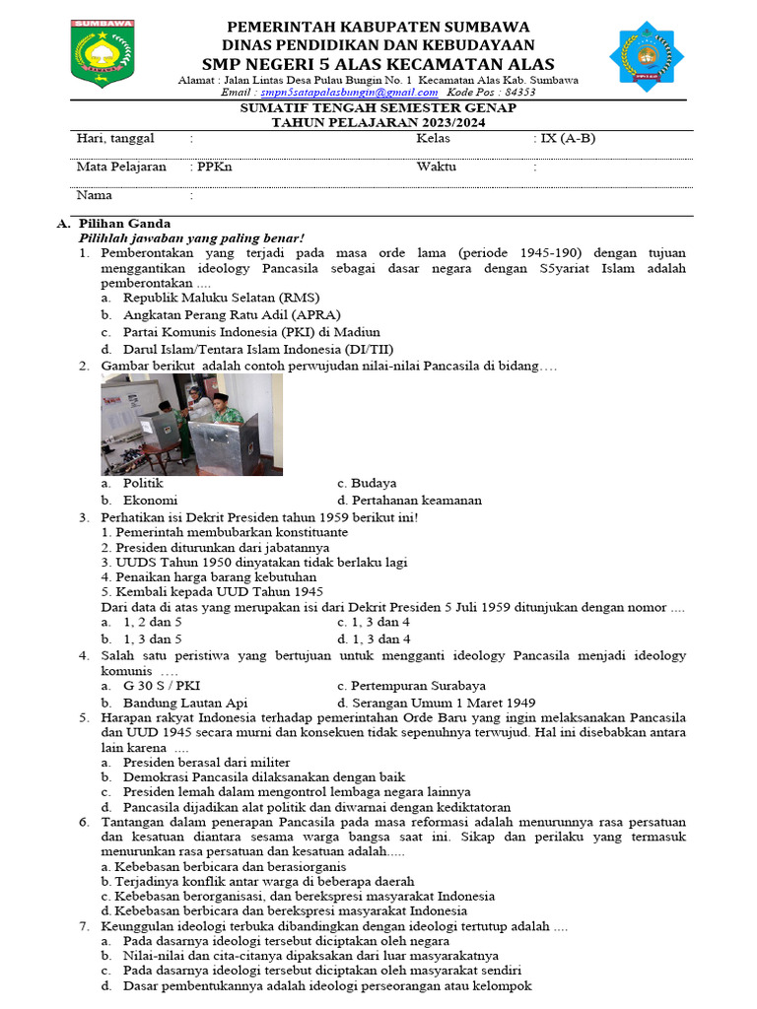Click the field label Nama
[x=95, y=195]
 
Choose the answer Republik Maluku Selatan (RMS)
[x=222, y=297]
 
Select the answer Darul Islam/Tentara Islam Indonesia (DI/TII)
[x=259, y=349]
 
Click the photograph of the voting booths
[x=191, y=425]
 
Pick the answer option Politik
[x=143, y=483]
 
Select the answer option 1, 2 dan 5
[x=153, y=622]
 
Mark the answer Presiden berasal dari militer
[x=206, y=762]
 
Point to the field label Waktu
[x=436, y=167]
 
